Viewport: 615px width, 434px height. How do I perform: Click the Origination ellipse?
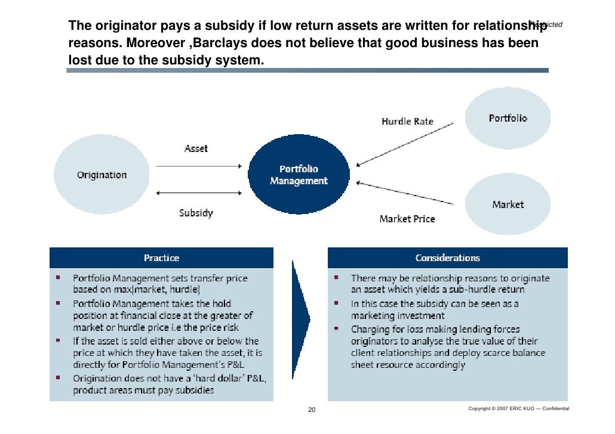coord(102,175)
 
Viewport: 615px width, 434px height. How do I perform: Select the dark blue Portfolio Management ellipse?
coord(299,175)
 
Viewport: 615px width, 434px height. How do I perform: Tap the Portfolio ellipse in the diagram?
coord(508,118)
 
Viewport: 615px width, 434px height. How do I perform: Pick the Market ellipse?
coord(508,204)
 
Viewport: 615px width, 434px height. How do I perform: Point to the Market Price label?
coord(407,219)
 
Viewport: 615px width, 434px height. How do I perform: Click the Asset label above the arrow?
coord(196,148)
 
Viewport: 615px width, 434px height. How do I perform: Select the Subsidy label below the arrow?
coord(196,213)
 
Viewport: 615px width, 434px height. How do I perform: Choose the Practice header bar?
coord(161,258)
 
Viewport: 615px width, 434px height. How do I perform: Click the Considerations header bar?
coord(448,258)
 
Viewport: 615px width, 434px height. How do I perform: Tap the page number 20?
coord(311,410)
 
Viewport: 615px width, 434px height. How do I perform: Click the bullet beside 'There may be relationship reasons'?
coord(336,278)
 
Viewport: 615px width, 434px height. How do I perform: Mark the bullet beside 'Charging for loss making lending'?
coord(336,328)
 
